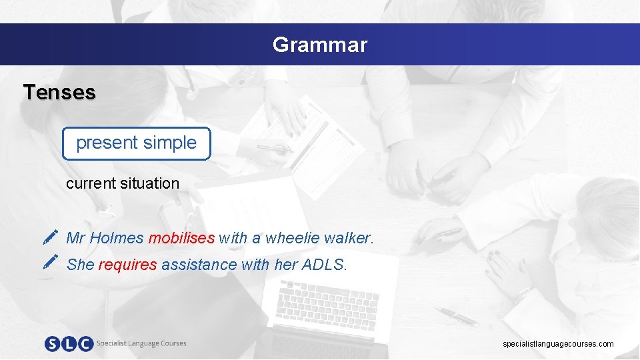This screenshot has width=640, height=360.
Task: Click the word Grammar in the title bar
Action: pos(319,45)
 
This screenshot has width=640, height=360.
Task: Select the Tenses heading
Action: pos(59,92)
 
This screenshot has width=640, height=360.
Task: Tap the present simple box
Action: pos(137,143)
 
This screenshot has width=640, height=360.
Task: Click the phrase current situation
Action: pos(123,183)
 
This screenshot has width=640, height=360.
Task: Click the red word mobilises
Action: pos(181,238)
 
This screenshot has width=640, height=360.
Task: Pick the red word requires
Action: pos(127,265)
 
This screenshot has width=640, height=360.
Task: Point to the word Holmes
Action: pos(117,238)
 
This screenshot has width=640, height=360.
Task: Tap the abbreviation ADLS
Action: pos(324,265)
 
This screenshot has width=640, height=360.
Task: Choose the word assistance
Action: pos(199,265)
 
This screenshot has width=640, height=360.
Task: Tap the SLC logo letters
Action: pos(69,344)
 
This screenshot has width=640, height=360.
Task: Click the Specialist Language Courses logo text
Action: pos(141,343)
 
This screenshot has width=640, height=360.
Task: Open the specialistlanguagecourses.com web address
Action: pos(558,344)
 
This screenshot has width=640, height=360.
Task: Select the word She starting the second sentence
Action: pos(81,265)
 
